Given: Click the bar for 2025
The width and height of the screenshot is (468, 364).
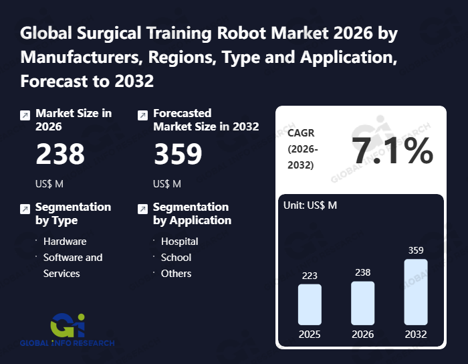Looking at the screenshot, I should [x=310, y=304].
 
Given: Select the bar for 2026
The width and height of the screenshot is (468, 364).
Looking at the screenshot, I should [x=362, y=303].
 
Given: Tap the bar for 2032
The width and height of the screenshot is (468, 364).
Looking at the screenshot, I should [x=415, y=292].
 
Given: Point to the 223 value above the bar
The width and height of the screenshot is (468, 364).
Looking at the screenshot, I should [x=310, y=275].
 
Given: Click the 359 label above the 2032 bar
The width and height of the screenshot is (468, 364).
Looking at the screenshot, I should [x=415, y=250].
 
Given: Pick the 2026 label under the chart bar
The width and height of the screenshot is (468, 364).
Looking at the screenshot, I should [x=362, y=334].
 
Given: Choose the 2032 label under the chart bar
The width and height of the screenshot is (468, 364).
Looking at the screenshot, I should [x=415, y=334].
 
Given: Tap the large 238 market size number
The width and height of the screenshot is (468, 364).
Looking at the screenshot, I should [x=60, y=155].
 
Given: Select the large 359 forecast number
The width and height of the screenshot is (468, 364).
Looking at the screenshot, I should [x=178, y=155].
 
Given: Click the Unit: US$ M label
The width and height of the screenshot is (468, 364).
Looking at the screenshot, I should [x=310, y=205].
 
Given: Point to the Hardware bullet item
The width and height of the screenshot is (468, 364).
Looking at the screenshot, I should [x=65, y=241].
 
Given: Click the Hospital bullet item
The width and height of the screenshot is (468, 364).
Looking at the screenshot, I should [x=179, y=241].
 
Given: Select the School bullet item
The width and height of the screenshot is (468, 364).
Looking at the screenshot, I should [x=176, y=257].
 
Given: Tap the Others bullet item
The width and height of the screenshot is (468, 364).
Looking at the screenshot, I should [x=176, y=273].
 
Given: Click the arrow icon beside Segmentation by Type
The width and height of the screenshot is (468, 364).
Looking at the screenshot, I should [x=25, y=209].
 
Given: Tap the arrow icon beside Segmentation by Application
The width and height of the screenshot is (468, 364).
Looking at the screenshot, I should [x=142, y=209].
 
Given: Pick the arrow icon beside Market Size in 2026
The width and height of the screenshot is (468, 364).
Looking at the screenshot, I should [x=25, y=115].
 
